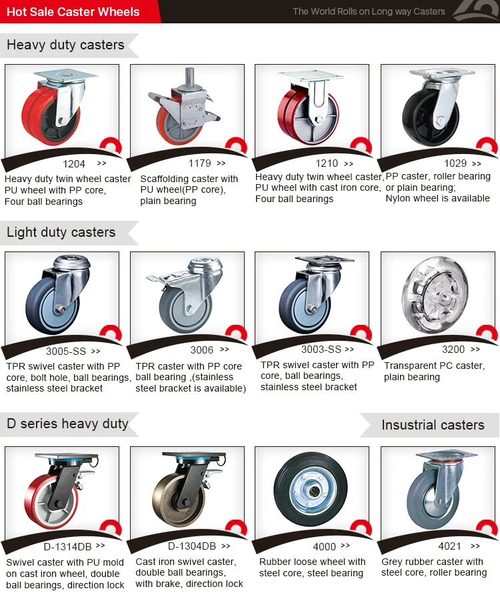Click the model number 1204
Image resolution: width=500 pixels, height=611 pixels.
[74, 163]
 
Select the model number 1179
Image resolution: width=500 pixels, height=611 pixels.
[199, 163]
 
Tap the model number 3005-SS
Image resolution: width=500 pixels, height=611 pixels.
[65, 352]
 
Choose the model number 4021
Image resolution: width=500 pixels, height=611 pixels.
[449, 546]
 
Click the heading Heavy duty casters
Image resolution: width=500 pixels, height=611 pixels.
[65, 45]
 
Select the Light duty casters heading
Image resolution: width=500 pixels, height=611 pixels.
[61, 232]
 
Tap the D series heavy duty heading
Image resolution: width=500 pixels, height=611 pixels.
[67, 424]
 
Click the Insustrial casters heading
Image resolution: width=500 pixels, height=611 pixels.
[433, 425]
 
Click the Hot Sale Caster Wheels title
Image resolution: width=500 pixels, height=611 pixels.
[73, 11]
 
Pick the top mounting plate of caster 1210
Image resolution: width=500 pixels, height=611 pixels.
[310, 75]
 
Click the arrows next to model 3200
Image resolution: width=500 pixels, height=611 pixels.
[475, 350]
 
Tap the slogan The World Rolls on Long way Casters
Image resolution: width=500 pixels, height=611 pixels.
[369, 11]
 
